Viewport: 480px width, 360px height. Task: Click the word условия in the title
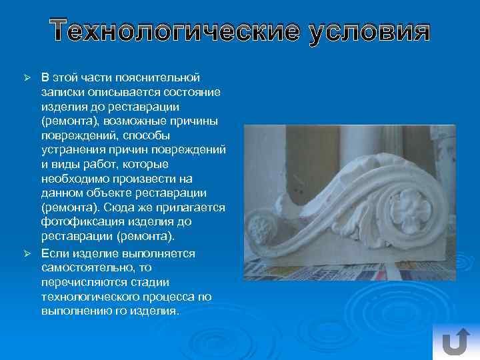368,31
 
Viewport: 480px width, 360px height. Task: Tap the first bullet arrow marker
29,78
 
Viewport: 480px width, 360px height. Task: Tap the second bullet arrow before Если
29,254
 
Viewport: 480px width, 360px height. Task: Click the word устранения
73,149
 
